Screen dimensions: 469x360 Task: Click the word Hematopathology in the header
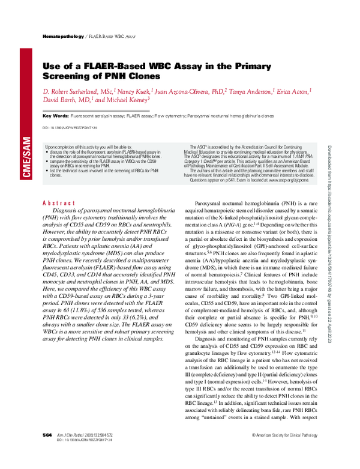tap(63, 37)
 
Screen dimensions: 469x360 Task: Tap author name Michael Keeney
tap(127, 100)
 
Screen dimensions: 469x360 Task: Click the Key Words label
tap(55, 115)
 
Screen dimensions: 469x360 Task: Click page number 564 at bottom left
tap(47, 450)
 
